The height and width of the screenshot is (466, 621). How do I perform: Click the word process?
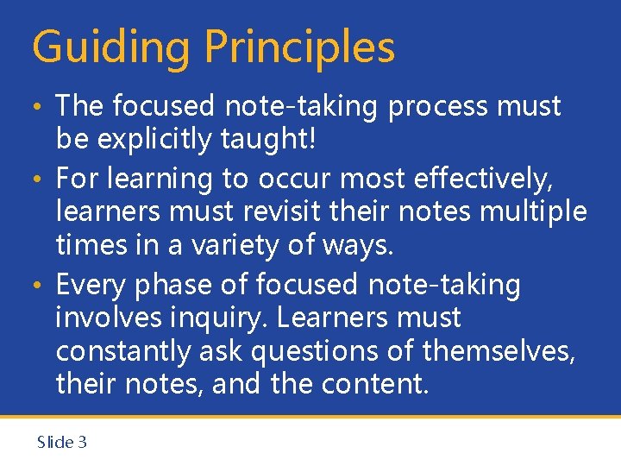pos(443,107)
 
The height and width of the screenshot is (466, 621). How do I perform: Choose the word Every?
pos(93,284)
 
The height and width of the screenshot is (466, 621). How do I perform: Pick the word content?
pos(379,384)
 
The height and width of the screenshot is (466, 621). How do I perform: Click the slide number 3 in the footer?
pos(82,442)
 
